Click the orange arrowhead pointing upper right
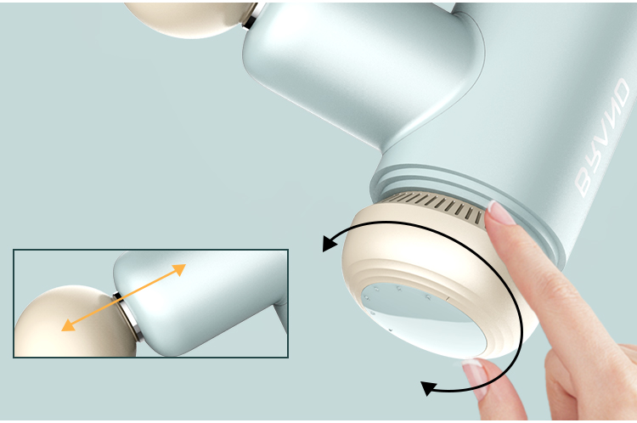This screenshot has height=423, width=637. (179, 269)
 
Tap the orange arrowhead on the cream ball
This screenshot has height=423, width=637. (68, 325)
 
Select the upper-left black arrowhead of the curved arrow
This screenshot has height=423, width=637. (328, 243)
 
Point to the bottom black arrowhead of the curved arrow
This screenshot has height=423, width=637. (428, 388)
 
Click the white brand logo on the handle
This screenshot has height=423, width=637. (603, 138)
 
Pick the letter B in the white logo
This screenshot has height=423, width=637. (584, 183)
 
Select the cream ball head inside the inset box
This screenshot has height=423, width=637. (73, 321)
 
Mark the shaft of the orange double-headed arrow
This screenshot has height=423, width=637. (123, 297)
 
